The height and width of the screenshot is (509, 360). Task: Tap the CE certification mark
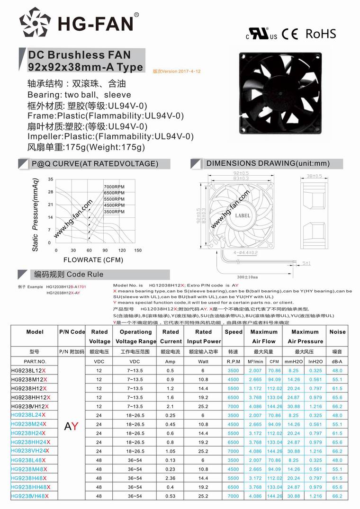point(290,34)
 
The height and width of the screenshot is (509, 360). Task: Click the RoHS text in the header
point(321,34)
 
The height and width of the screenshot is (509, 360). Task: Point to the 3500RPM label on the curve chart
point(114,212)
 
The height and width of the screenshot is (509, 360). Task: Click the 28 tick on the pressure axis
point(50,192)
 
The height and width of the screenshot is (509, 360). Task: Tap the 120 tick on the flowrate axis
point(122,250)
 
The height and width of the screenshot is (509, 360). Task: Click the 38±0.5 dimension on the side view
point(315,176)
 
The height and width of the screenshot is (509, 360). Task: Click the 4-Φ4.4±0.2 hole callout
point(245,253)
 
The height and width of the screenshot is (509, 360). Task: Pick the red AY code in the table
point(72,426)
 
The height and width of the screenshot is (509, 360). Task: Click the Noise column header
point(337,332)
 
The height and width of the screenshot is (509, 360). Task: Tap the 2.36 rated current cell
point(171,478)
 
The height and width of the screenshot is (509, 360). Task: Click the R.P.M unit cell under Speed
point(234,361)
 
